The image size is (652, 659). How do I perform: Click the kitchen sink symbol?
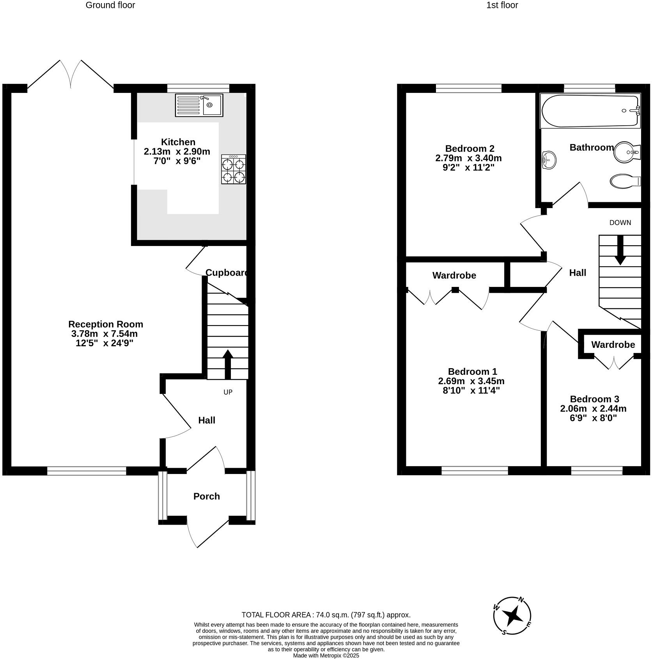tap(199, 105)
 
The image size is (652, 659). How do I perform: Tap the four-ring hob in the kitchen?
tap(234, 169)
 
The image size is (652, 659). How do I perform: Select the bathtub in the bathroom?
tap(590, 111)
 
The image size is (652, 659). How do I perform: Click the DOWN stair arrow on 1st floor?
tap(620, 250)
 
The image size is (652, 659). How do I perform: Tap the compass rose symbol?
tap(512, 616)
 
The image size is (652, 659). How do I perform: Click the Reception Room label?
tap(106, 324)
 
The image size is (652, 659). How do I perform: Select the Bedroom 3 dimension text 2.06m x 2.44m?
tap(593, 409)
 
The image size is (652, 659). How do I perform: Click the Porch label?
tap(207, 496)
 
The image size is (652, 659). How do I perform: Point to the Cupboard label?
tap(227, 273)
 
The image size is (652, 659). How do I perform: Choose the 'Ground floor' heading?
tap(110, 5)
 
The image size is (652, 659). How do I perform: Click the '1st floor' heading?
tap(502, 5)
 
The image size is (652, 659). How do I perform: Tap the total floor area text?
tap(326, 615)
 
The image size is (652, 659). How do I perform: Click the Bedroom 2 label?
tap(470, 148)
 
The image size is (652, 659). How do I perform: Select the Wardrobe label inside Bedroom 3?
tap(613, 344)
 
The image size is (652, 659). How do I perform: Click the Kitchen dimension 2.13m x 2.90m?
tap(177, 151)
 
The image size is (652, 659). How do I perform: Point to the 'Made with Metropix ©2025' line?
tap(326, 655)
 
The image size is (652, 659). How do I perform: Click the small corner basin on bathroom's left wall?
tap(548, 160)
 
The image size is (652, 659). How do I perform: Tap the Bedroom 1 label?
tap(472, 371)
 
